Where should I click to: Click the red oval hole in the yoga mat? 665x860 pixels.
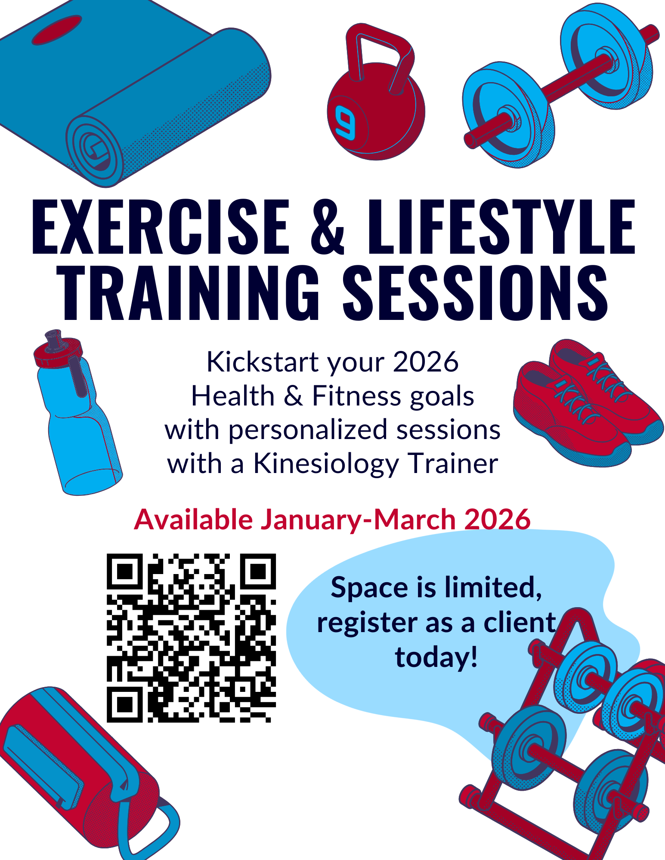pyautogui.click(x=57, y=30)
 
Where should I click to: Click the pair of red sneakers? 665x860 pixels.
pyautogui.click(x=585, y=404)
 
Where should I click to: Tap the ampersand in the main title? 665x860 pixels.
pyautogui.click(x=327, y=228)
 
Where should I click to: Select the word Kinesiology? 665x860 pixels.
pyautogui.click(x=326, y=464)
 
